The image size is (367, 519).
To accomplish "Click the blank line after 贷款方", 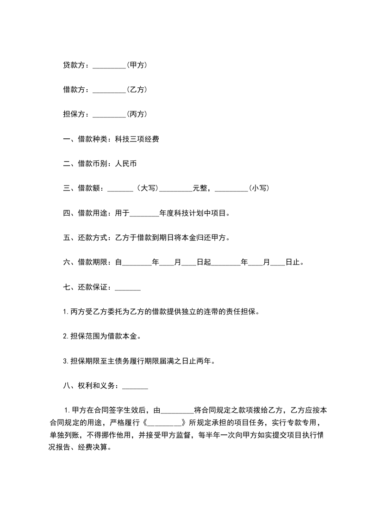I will click(109, 66).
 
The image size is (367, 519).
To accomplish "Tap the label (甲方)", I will click(137, 65).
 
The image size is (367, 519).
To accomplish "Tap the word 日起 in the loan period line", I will click(204, 263).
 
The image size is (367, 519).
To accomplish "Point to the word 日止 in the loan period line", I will click(292, 263).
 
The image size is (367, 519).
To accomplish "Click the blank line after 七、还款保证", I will click(127, 288).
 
